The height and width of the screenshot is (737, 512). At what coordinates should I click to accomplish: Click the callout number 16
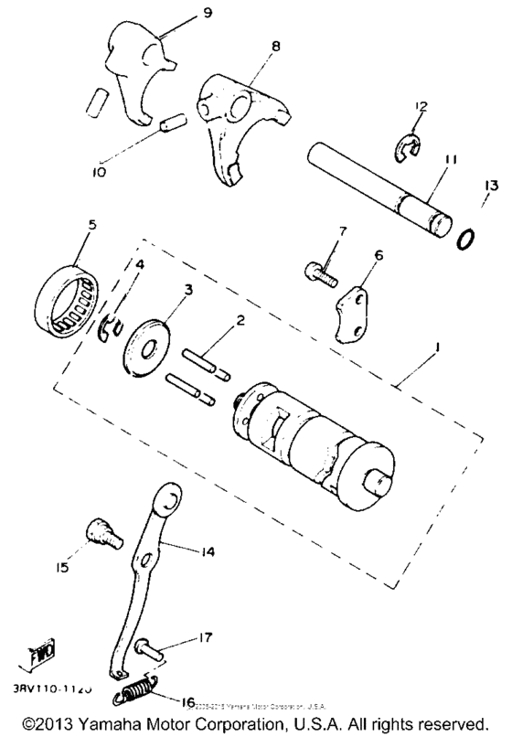(187, 702)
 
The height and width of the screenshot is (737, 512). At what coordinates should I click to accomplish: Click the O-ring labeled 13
(465, 240)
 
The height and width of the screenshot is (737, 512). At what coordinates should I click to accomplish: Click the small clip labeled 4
(109, 326)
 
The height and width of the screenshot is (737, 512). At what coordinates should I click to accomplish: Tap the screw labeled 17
(150, 651)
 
